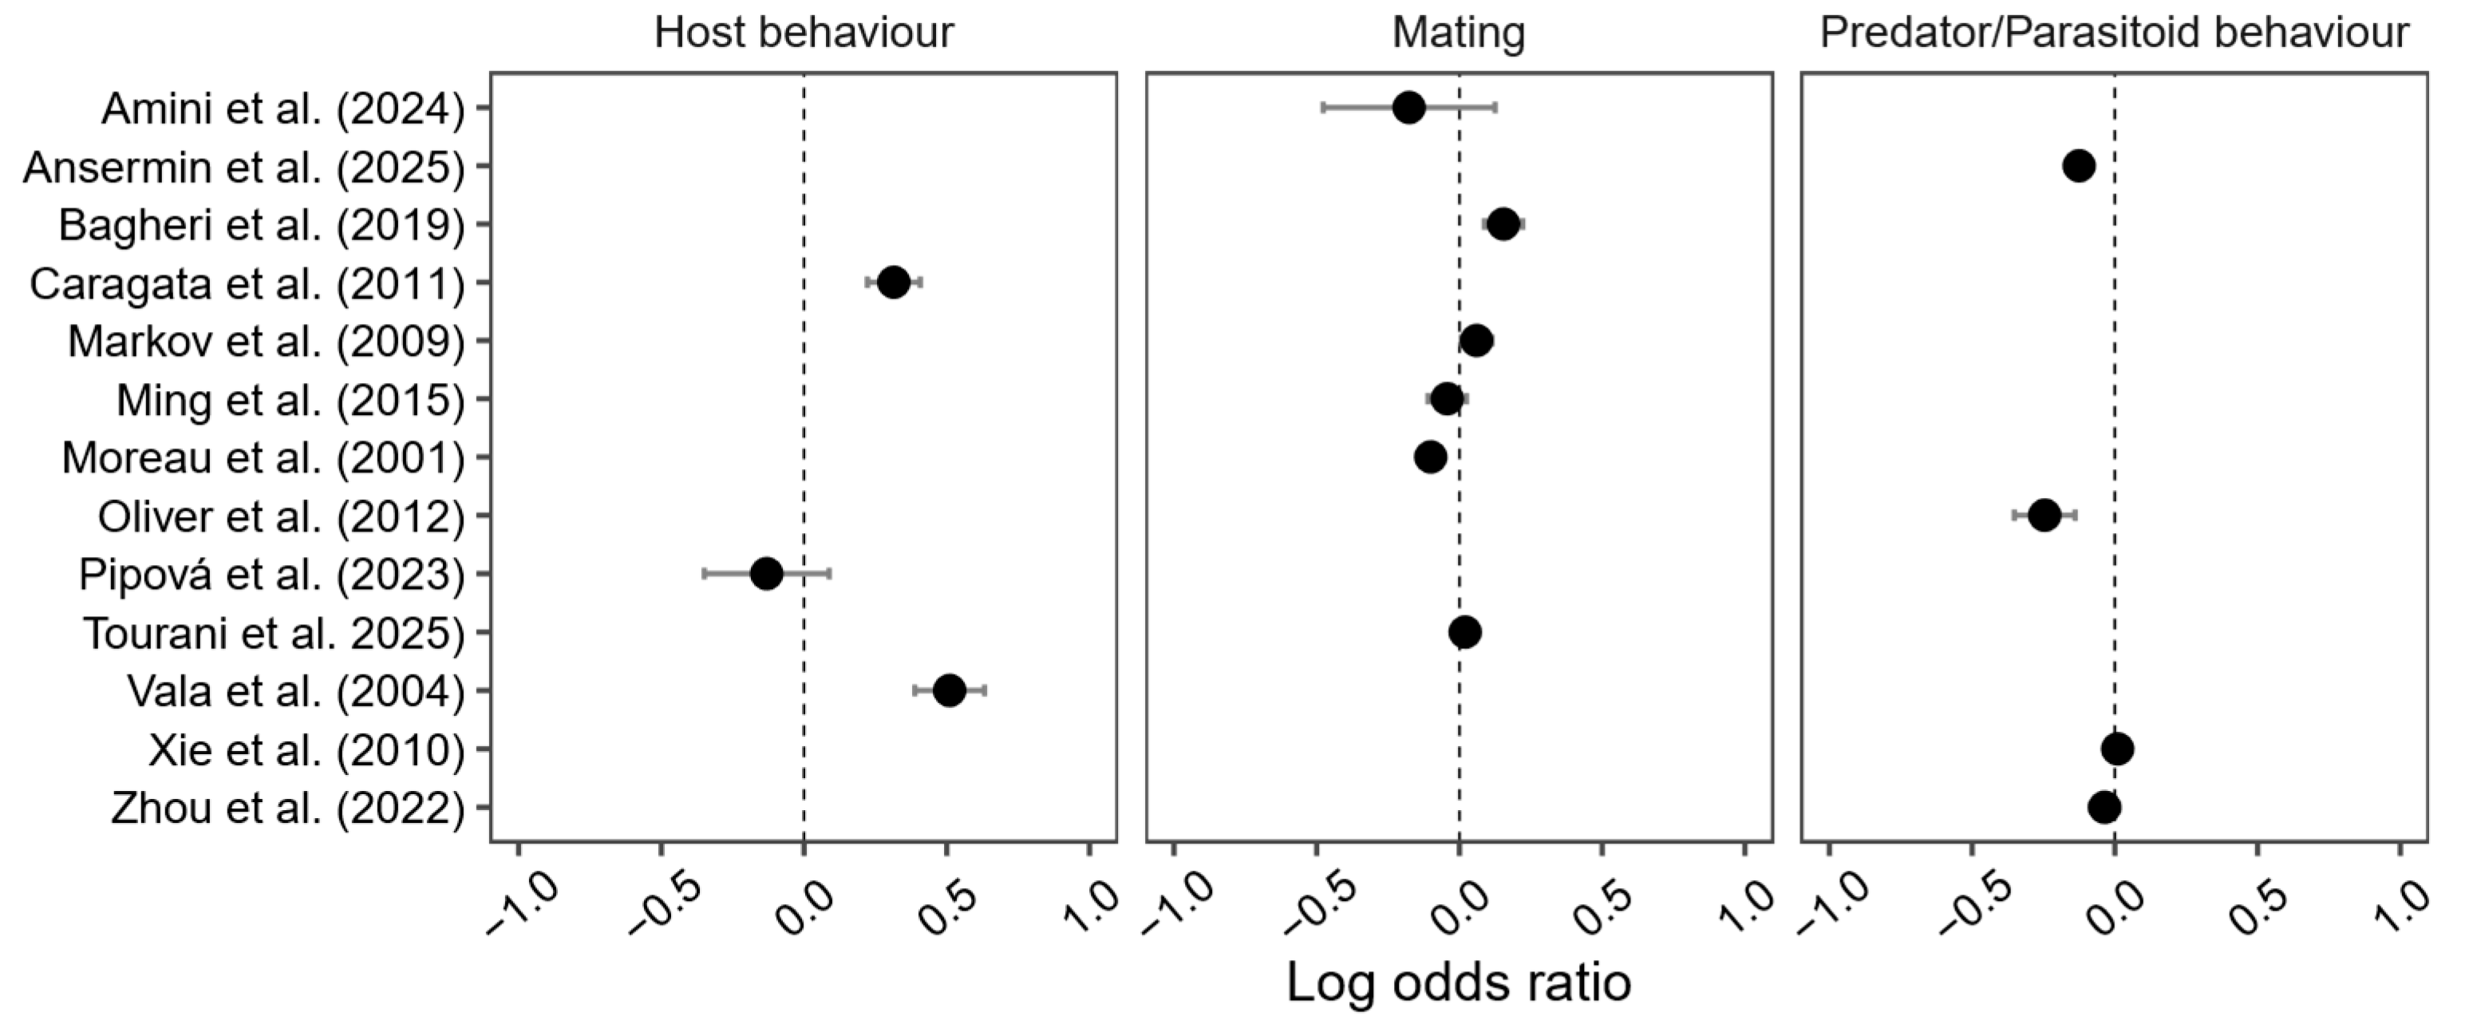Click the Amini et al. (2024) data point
point(1408,108)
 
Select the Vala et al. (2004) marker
point(949,690)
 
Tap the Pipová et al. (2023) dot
point(766,574)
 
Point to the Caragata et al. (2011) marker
point(893,283)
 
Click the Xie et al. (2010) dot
point(2117,749)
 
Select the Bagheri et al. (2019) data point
point(1503,224)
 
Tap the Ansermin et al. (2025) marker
point(2079,166)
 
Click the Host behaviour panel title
point(804,32)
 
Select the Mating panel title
point(1458,33)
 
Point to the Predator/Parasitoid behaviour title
point(2114,33)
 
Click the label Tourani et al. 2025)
point(274,634)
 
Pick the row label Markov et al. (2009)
point(266,342)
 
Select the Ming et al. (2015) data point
point(1447,399)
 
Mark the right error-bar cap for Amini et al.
point(1495,108)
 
